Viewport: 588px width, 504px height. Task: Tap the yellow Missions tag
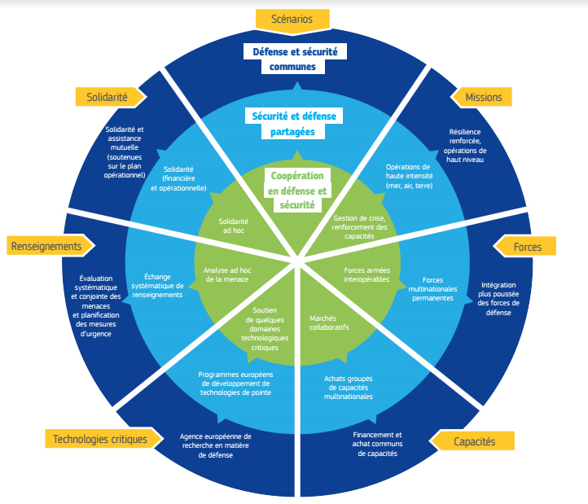click(483, 97)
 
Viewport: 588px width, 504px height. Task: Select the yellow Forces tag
click(527, 246)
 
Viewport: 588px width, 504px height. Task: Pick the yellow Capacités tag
click(473, 440)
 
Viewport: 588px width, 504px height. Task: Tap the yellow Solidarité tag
click(107, 97)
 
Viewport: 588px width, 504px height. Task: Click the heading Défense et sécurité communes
click(294, 59)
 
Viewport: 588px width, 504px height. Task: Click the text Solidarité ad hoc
click(234, 226)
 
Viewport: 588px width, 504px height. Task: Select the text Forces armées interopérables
click(366, 274)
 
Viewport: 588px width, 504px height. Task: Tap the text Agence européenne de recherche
click(215, 445)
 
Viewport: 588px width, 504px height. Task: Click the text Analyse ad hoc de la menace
click(226, 274)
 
